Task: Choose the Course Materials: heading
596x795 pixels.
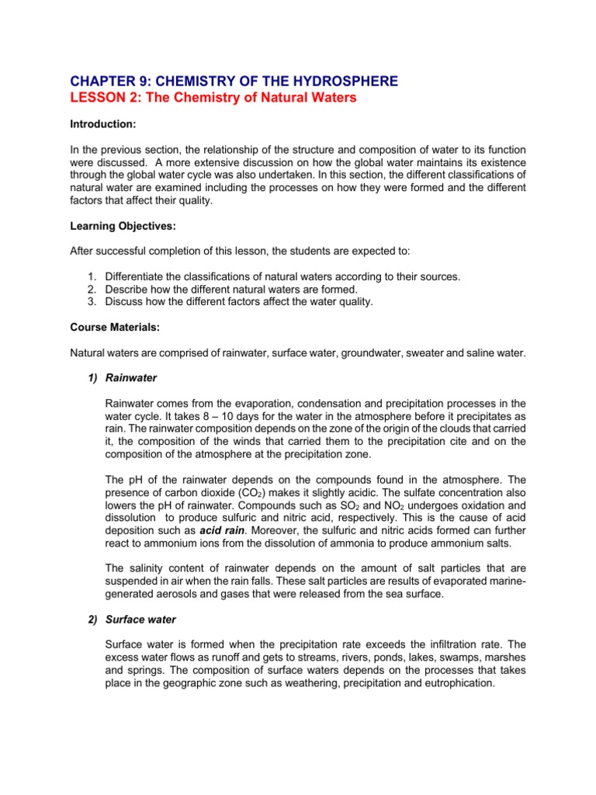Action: click(114, 328)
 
